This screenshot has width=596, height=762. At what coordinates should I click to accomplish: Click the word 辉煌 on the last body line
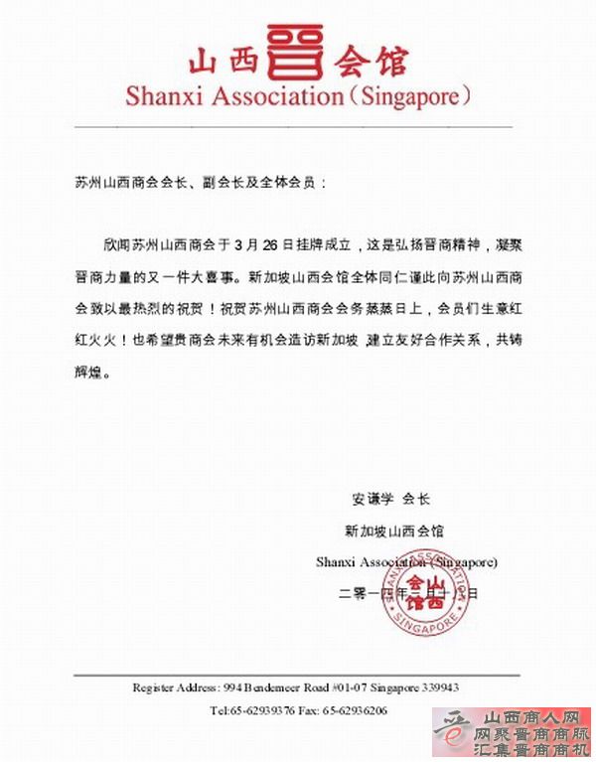(x=87, y=376)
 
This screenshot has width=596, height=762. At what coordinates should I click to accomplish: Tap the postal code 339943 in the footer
(x=437, y=687)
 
